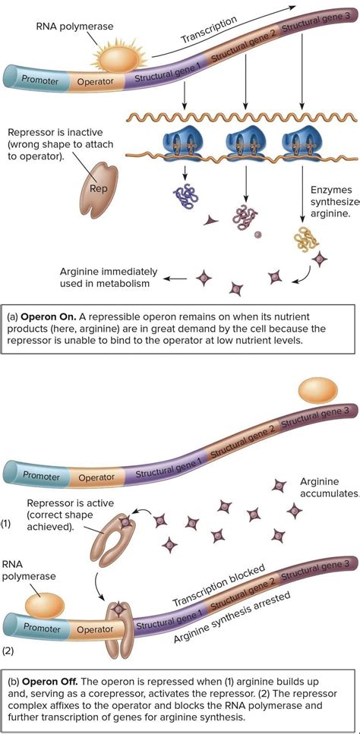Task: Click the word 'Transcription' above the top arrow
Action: point(209,28)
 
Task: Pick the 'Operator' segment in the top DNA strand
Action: point(95,80)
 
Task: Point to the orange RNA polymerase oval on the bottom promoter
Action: point(44,604)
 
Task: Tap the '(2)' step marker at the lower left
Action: point(8,650)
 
